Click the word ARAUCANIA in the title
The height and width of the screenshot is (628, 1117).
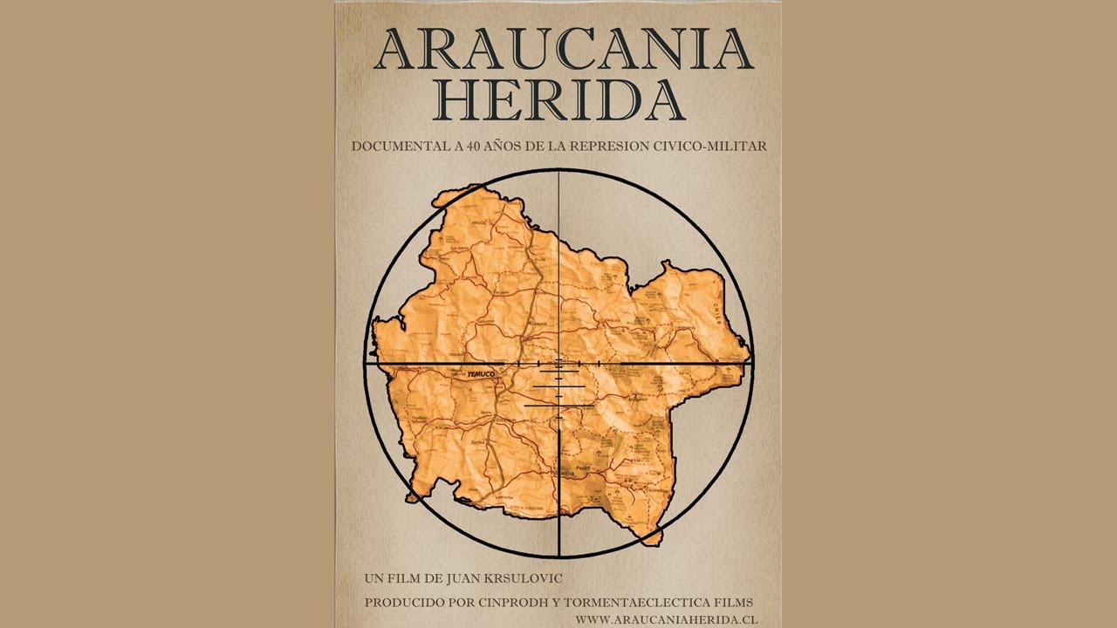point(563,50)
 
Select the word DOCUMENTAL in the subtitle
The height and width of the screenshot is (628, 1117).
point(399,147)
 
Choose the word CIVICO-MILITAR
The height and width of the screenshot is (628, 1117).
point(710,147)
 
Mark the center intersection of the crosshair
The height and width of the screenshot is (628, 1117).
point(558,363)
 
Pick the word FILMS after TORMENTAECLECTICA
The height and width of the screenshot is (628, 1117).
point(732,603)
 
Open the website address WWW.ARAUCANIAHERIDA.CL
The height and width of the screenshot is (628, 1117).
point(666,618)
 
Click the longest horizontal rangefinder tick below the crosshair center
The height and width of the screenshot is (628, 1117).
point(558,406)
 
